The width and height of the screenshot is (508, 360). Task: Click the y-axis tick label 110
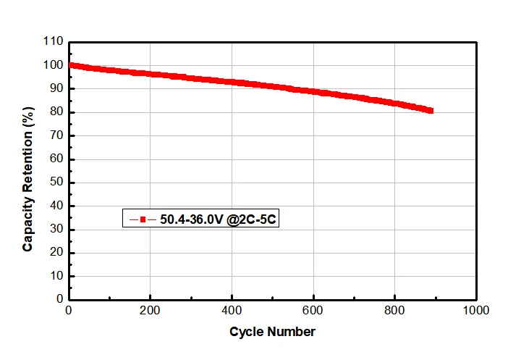click(54, 42)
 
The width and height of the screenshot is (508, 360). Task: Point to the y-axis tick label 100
click(54, 65)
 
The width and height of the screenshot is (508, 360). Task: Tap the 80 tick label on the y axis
click(57, 112)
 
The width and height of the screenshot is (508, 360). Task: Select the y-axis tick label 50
click(57, 183)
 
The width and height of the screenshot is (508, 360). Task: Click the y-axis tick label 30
click(57, 230)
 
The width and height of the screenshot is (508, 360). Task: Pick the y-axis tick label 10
click(57, 277)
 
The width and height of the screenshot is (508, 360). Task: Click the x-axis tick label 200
click(150, 311)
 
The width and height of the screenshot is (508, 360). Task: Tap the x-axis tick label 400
click(232, 311)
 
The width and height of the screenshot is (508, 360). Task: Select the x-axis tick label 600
click(313, 311)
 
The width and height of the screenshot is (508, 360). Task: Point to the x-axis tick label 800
click(394, 311)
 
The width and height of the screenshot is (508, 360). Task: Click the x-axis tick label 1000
click(475, 311)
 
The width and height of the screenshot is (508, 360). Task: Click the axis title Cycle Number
click(272, 332)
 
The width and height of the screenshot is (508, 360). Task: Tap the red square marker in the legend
click(143, 219)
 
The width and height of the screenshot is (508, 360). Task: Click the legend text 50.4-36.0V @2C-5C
click(217, 219)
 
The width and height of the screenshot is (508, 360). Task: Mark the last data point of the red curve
click(430, 111)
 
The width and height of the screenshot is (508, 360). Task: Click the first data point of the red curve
click(70, 65)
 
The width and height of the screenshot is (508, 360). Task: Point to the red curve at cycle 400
click(232, 82)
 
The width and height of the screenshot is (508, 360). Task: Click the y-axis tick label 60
click(57, 159)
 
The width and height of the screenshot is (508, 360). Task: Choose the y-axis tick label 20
click(57, 253)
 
